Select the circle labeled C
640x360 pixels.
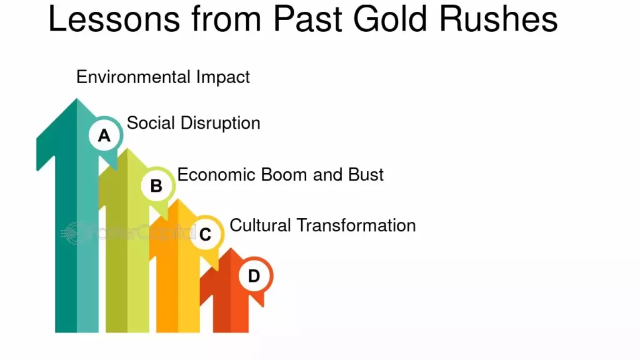pos(206,233)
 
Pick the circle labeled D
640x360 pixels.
pos(256,275)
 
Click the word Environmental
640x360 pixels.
pos(133,77)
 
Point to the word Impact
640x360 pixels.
pos(223,77)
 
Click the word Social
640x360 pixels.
pos(151,123)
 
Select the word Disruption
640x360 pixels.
pos(221,123)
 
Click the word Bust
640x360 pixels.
pos(366,175)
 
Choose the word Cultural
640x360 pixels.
pos(260,225)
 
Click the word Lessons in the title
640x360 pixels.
pos(114,19)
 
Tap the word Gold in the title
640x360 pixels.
pos(390,19)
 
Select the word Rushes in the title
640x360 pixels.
pos(498,19)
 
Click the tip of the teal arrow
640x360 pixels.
pos(76,99)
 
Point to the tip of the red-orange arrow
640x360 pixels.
pos(231,248)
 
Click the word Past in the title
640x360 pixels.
pos(307,19)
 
